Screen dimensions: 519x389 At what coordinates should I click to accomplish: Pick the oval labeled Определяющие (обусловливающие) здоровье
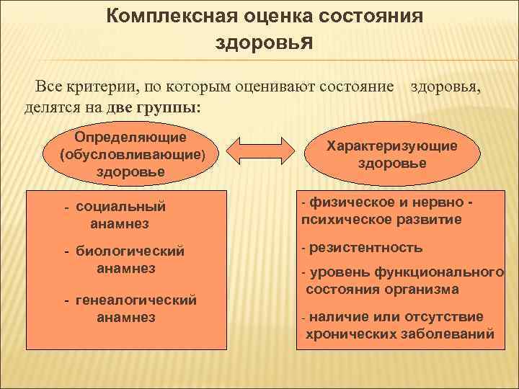coord(130,154)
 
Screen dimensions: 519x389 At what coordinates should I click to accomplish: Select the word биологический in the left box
coord(130,251)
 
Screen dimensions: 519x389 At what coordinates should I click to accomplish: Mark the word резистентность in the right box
coord(366,248)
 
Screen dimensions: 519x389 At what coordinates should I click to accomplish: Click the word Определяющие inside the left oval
coord(130,137)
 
